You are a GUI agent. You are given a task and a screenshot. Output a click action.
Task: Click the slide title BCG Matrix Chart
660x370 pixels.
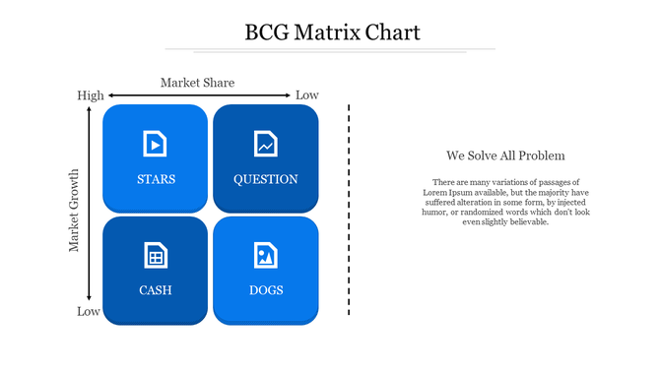332,32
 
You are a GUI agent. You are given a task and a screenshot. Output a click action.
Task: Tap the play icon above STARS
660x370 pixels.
156,144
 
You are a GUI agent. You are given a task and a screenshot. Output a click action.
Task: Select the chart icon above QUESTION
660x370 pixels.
265,144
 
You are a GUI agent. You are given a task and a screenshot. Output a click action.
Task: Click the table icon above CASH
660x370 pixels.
156,255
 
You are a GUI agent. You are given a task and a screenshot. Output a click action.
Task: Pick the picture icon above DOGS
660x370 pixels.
265,255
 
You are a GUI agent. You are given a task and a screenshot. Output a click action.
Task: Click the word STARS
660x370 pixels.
156,179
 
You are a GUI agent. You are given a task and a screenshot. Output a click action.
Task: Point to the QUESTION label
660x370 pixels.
265,179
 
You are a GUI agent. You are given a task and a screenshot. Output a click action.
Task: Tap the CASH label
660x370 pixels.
156,290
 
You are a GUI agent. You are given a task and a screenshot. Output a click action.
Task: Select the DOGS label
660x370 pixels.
265,290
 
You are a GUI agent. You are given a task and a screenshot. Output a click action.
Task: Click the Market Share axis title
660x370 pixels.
197,83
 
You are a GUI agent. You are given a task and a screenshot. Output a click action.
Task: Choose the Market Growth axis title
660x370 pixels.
74,210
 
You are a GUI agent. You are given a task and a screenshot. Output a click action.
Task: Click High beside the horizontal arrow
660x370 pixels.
90,95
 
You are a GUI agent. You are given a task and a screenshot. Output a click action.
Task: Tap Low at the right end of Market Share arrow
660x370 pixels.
307,95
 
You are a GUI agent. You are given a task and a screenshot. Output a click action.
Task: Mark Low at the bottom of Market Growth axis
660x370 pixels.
89,312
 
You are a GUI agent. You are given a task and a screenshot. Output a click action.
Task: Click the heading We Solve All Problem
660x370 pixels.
505,155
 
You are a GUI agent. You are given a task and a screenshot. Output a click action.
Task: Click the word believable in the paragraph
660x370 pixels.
527,221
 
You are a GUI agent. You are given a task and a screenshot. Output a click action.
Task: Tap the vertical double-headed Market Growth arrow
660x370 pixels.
90,203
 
